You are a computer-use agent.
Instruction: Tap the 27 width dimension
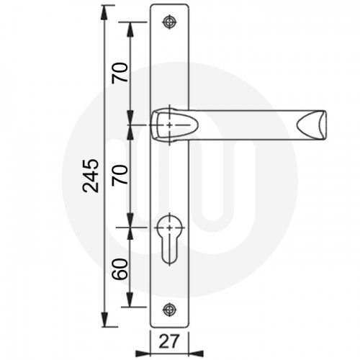pos(168,341)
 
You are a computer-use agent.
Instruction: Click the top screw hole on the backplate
pos(169,22)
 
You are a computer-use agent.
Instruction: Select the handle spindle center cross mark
pos(169,125)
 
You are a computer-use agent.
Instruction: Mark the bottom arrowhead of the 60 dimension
pos(130,304)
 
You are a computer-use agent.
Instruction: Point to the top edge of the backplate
pos(169,6)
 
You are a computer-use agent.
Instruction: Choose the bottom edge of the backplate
pos(169,326)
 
